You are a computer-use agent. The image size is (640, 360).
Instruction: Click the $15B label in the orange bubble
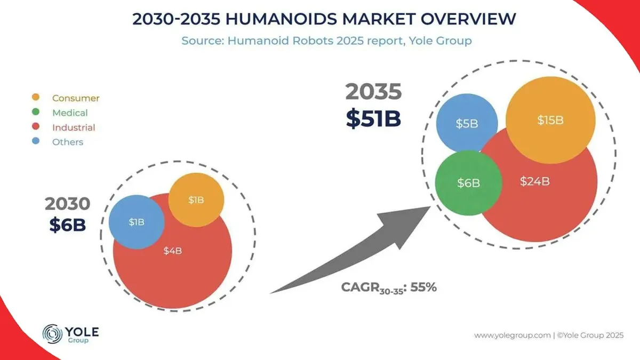coord(550,120)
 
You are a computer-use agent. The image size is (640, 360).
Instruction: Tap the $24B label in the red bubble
coord(535,181)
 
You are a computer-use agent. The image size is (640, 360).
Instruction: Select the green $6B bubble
coord(468,183)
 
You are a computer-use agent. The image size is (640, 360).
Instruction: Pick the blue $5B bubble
coord(467,124)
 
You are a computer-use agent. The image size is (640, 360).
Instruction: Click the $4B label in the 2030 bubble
coord(173,251)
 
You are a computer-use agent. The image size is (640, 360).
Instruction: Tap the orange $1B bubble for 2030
coord(196,200)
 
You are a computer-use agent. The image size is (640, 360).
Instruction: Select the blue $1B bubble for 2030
coord(137,222)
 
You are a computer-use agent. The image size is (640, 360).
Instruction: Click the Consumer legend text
coord(76,98)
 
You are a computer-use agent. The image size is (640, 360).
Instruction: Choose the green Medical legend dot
coord(36,113)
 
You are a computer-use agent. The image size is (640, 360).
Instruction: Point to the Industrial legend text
coord(74,127)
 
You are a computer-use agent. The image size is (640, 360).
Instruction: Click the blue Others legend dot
coord(36,142)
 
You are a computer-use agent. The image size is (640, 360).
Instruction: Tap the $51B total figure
coord(373,118)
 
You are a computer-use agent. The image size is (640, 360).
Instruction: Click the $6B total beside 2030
coord(68,225)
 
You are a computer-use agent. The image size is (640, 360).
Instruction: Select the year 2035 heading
coord(373,92)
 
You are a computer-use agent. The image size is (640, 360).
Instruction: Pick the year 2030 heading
coord(67,204)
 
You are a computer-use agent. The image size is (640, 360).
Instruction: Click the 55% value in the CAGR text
coord(424,287)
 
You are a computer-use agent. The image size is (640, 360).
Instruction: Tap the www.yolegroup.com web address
coord(512,335)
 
